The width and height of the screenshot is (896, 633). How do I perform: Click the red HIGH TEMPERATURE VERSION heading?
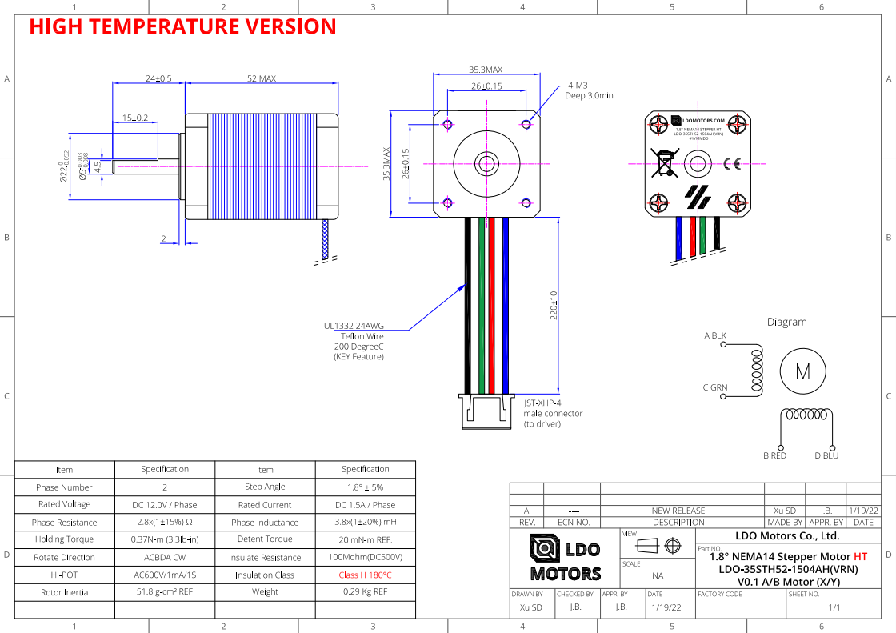[x=182, y=26]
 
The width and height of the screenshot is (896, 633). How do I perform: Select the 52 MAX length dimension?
[x=262, y=78]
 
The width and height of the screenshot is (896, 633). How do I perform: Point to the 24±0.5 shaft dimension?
[x=158, y=78]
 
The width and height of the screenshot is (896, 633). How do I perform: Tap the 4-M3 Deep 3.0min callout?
[x=590, y=90]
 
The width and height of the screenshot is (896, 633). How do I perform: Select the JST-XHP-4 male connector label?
[x=553, y=414]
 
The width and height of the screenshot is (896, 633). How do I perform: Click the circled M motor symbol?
[x=802, y=371]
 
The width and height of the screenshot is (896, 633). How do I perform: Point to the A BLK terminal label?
[x=715, y=335]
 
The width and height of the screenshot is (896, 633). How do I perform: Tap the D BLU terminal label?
[x=826, y=455]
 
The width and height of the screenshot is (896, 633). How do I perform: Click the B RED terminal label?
[x=774, y=455]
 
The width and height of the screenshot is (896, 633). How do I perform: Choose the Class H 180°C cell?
[x=365, y=575]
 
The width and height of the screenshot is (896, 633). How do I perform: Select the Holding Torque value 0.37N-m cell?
[x=165, y=539]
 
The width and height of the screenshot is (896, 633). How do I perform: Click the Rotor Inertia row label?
[x=64, y=592]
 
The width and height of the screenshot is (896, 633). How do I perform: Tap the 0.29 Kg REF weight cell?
[x=365, y=592]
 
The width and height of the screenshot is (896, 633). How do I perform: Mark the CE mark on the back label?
[x=731, y=164]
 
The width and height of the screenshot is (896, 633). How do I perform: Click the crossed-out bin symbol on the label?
[x=664, y=162]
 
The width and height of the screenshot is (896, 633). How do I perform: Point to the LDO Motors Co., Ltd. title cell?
[x=786, y=535]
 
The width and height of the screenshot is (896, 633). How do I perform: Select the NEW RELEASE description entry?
[x=678, y=511]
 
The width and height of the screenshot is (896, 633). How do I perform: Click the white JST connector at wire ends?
[x=486, y=411]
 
